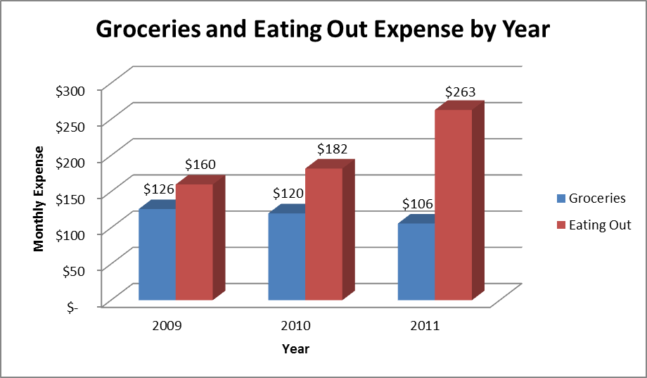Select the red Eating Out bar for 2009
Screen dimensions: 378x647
pos(194,242)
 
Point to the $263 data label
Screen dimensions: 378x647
pos(461,92)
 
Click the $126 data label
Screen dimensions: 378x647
pos(158,189)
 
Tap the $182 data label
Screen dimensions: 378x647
pos(333,149)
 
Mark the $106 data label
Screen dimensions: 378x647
pos(418,204)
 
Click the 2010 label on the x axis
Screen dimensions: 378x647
pos(295,326)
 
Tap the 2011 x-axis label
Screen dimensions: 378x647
pos(425,326)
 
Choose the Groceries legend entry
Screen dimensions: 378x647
pos(596,198)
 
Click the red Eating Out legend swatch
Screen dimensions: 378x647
pos(560,225)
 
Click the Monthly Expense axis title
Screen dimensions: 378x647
pos(39,198)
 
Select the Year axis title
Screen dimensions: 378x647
pos(295,348)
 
